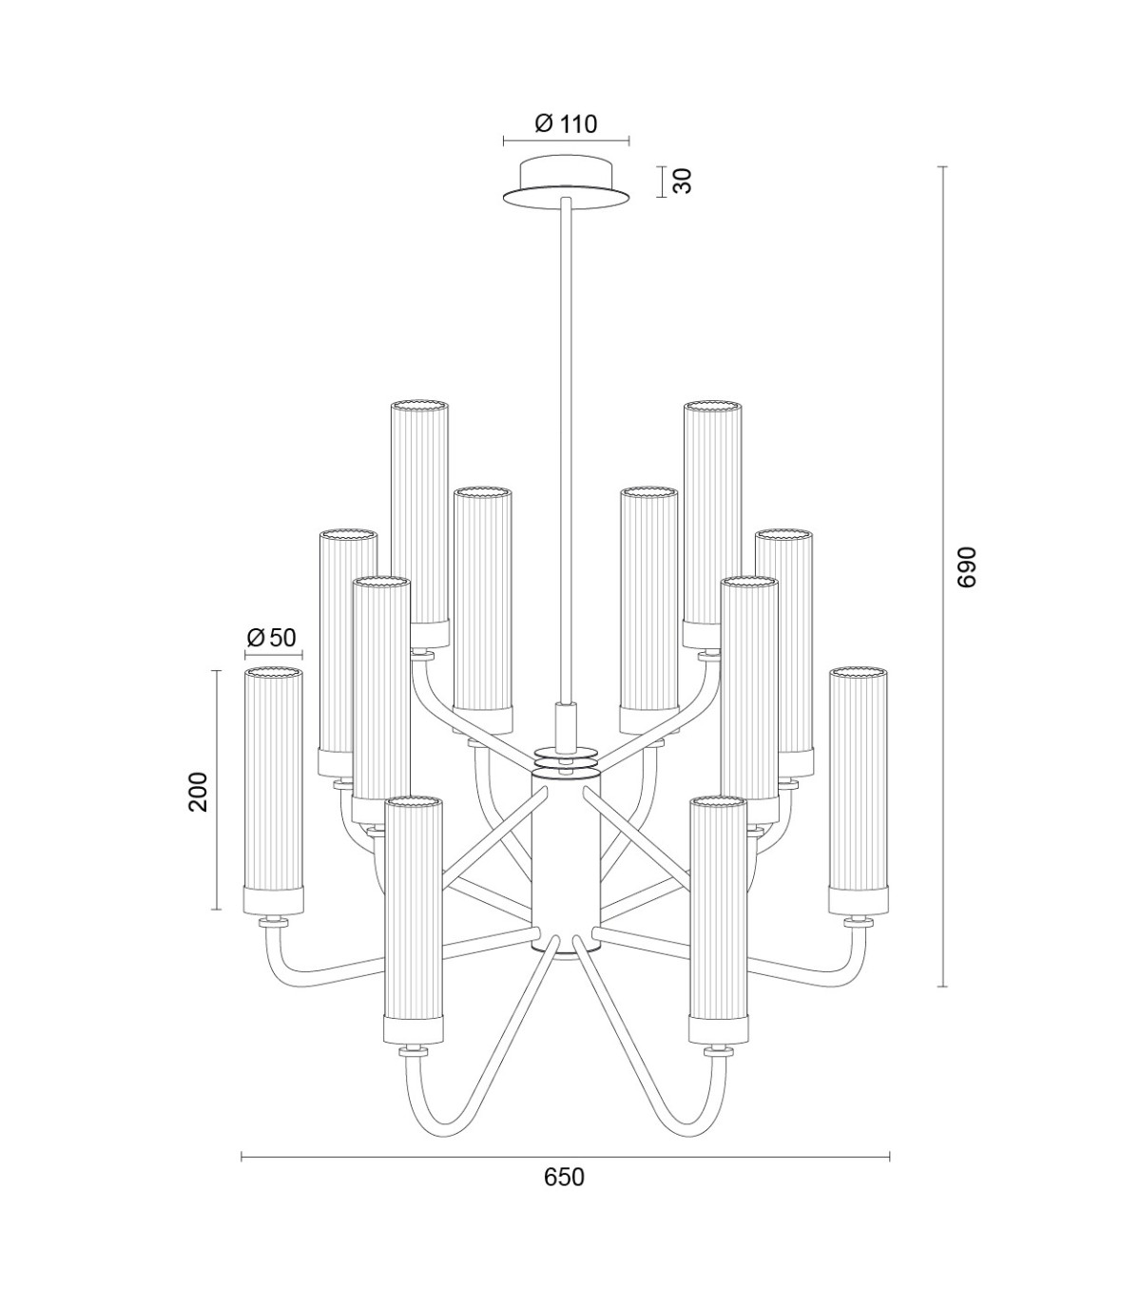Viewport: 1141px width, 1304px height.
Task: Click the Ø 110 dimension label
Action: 566,124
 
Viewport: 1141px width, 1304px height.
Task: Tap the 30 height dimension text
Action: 682,182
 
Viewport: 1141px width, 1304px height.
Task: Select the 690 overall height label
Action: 966,567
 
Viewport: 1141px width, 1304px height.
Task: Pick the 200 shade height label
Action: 198,792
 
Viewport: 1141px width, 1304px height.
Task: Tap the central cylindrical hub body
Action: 566,867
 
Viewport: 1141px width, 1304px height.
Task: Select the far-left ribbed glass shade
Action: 274,791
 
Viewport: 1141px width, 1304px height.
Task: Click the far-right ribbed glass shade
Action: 858,791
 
